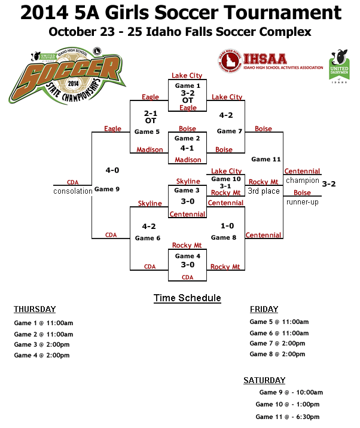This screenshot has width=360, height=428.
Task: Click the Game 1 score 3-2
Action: pyautogui.click(x=188, y=93)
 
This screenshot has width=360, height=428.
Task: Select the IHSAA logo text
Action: pyautogui.click(x=265, y=59)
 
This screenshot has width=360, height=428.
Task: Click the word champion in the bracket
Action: pyautogui.click(x=302, y=181)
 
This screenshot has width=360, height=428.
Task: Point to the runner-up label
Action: pyautogui.click(x=302, y=202)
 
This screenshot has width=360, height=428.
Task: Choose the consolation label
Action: pyautogui.click(x=72, y=191)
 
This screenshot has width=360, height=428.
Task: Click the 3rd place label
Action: pyautogui.click(x=264, y=191)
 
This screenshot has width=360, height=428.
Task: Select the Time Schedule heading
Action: pyautogui.click(x=187, y=298)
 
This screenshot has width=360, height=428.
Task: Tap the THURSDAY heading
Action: pyautogui.click(x=35, y=309)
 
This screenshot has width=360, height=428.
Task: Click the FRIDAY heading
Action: pyautogui.click(x=264, y=309)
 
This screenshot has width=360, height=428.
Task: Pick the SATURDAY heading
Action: pyautogui.click(x=264, y=380)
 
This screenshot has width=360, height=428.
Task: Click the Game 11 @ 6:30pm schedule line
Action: pyautogui.click(x=287, y=417)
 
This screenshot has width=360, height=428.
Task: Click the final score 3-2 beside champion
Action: pyautogui.click(x=329, y=184)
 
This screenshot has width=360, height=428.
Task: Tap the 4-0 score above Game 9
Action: pyautogui.click(x=112, y=170)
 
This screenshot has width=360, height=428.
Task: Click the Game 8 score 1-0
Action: pyautogui.click(x=227, y=226)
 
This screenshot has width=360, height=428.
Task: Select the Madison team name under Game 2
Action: pyautogui.click(x=188, y=160)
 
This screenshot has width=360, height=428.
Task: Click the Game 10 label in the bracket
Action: pyautogui.click(x=226, y=179)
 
